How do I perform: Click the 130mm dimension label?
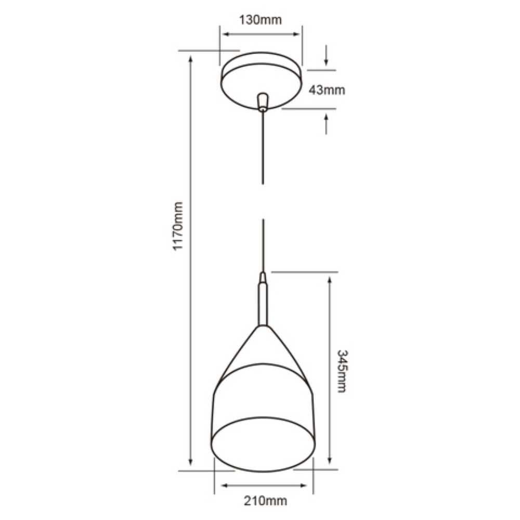260,20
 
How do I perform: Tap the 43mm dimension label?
327,89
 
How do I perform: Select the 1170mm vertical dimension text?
178,227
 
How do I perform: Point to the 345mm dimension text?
342,371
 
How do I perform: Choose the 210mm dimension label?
265,501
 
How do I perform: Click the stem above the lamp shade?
264,302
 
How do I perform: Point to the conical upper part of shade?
263,348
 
